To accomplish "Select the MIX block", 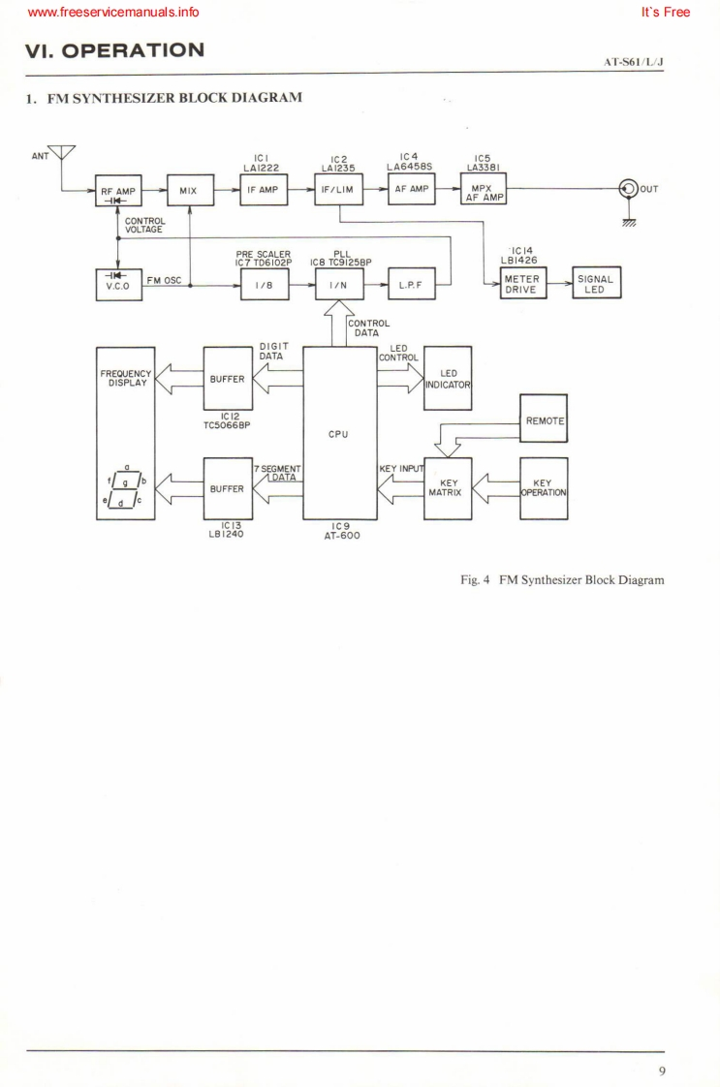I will [x=189, y=190].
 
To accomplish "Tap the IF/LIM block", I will [x=339, y=190].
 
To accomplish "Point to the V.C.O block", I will [x=117, y=282].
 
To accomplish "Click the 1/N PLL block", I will [x=339, y=283].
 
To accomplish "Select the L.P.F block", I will [x=411, y=283].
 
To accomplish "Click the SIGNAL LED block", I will [x=596, y=283].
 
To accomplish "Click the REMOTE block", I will [x=544, y=419].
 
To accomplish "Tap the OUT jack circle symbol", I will [x=632, y=189].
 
